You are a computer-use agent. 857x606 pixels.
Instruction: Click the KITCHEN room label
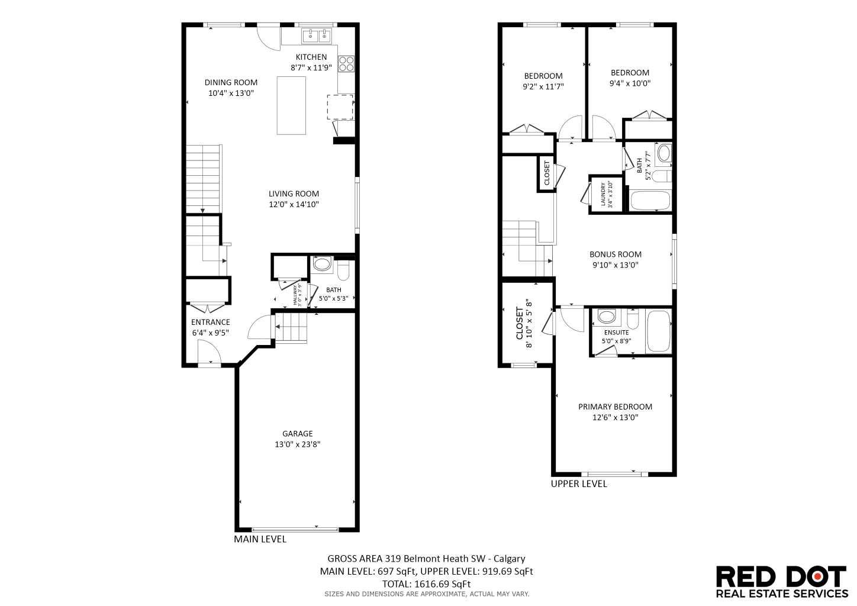(x=311, y=57)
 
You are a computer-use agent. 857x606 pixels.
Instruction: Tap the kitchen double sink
(x=317, y=37)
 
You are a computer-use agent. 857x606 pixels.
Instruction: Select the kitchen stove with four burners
(x=346, y=63)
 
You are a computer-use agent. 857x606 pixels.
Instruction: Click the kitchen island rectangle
(x=292, y=105)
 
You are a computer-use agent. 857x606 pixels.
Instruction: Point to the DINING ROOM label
(x=231, y=82)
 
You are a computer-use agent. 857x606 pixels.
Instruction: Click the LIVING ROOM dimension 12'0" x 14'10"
(x=294, y=204)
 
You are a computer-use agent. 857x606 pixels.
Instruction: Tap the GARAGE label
(x=297, y=433)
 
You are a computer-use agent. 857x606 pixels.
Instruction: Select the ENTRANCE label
(x=210, y=322)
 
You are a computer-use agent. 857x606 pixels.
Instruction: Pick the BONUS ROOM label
(x=615, y=254)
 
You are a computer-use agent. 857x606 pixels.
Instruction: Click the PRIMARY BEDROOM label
(x=615, y=407)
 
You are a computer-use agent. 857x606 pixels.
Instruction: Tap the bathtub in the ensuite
(x=658, y=332)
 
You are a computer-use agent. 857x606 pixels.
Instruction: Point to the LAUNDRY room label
(x=604, y=194)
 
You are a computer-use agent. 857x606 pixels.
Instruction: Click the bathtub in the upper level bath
(x=650, y=201)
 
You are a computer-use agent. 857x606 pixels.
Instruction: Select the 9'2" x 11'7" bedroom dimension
(x=543, y=86)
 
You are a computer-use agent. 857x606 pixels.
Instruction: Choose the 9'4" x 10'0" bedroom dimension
(x=630, y=83)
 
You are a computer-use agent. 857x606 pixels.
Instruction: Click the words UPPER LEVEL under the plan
(x=579, y=483)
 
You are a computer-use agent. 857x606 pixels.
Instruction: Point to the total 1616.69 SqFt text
(x=426, y=584)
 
